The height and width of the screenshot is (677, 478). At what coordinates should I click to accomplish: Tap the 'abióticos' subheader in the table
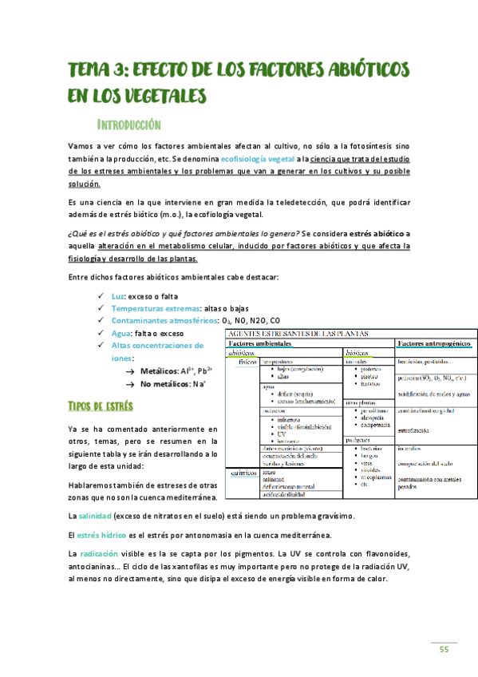(241, 352)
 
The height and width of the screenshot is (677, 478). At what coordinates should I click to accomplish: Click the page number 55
(444, 649)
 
